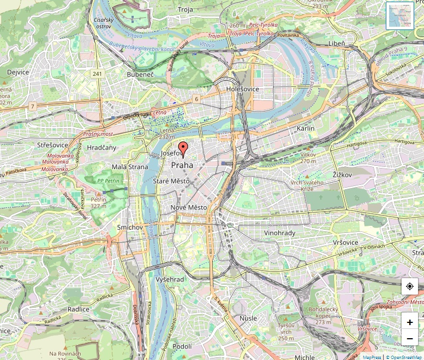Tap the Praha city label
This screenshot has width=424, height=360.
pos(182,165)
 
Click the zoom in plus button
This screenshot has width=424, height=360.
pos(410,322)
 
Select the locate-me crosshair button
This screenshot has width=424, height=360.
pos(410,286)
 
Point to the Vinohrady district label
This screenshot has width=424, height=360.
pos(279,233)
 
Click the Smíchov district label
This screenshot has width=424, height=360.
pos(130,227)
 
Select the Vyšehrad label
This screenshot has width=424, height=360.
pos(170,279)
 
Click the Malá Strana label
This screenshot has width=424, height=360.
pos(130,167)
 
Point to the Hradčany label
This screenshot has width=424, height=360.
pos(101,148)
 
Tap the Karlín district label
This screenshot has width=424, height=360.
pos(306,128)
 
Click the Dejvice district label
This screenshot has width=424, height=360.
pos(18,72)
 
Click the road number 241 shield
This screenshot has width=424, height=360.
pos(98,74)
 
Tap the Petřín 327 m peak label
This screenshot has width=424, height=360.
pos(98,203)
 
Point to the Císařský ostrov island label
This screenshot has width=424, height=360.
pos(103,23)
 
